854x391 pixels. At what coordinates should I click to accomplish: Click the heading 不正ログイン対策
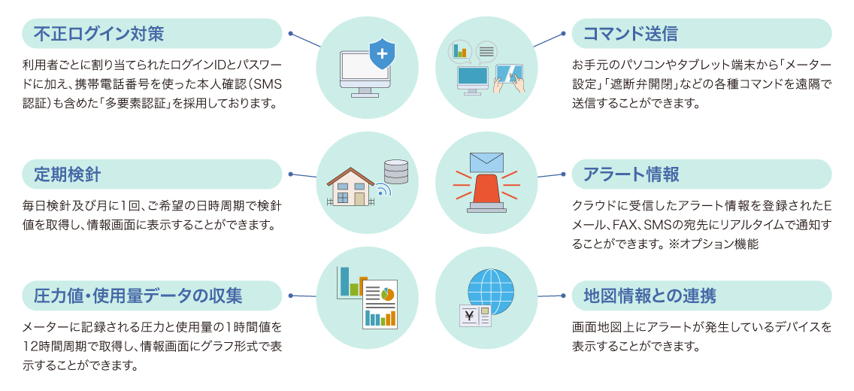98,34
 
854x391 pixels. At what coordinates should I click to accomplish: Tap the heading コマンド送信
630,34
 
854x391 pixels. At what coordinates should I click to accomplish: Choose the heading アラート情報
631,174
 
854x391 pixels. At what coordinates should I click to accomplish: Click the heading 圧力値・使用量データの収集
138,296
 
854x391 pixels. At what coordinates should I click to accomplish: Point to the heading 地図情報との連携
650,296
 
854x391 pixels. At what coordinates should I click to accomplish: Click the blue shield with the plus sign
383,53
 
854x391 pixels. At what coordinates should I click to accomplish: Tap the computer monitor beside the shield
362,74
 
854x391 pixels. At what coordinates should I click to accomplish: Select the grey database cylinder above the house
396,171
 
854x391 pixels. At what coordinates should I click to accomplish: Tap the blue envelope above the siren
486,162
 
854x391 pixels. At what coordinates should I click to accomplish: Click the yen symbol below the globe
469,315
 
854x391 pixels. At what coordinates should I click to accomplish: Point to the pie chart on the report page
387,295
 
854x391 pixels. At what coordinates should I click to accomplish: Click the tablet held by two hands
509,75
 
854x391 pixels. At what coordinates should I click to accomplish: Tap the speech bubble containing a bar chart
460,51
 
